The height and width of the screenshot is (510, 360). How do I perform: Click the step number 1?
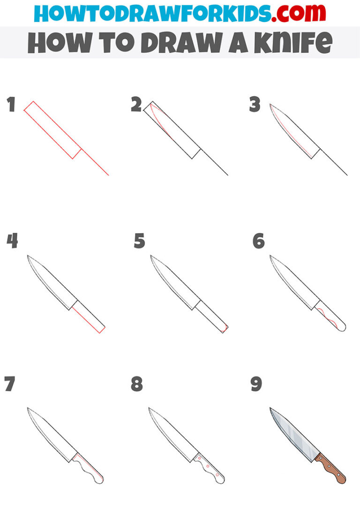click(11, 105)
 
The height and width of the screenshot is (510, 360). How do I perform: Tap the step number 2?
click(136, 105)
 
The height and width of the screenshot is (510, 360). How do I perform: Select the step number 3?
click(255, 105)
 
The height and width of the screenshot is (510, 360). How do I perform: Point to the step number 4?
click(12, 241)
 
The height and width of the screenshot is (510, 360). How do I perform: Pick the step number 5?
click(139, 241)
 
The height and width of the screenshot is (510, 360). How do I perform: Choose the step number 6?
click(258, 241)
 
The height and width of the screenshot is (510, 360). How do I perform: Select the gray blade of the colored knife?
click(293, 434)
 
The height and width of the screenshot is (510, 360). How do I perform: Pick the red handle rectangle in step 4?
click(88, 317)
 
